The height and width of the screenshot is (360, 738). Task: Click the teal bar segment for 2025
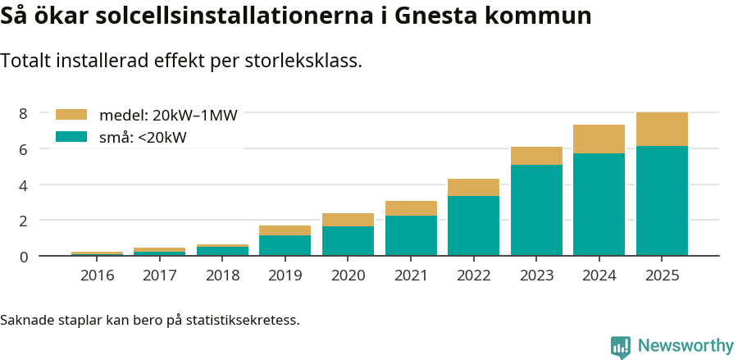click(x=662, y=201)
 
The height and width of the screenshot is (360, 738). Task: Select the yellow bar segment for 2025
click(x=662, y=129)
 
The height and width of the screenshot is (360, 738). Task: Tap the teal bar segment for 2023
click(x=536, y=210)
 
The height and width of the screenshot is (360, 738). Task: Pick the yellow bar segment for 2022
click(x=473, y=187)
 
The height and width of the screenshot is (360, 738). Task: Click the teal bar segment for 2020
click(x=348, y=241)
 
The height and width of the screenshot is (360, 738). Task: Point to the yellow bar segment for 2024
click(x=599, y=139)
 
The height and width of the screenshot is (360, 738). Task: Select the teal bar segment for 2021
click(x=411, y=235)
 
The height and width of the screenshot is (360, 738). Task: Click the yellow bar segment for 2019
click(x=285, y=230)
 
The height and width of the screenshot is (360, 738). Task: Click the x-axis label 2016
click(x=97, y=275)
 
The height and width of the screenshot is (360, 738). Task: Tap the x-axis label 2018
click(x=222, y=275)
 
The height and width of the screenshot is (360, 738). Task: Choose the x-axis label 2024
click(x=599, y=275)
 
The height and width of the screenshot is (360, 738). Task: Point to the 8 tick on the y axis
click(x=24, y=113)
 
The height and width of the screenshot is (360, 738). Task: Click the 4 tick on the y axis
click(x=24, y=185)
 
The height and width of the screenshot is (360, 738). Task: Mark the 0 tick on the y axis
click(x=24, y=257)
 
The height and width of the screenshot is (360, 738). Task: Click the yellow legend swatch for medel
click(x=71, y=115)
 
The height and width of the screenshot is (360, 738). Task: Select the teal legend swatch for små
click(x=71, y=137)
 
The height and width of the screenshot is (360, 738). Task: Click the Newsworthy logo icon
click(x=621, y=346)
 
